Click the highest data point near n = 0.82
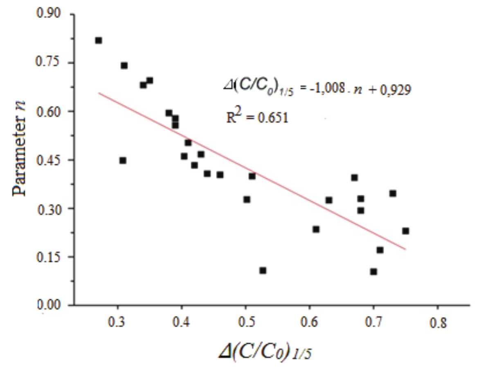tap(99, 40)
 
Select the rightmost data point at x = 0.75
tap(405, 231)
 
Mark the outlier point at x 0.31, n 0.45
tap(123, 160)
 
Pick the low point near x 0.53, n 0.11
tap(263, 270)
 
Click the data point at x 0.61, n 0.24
tap(316, 229)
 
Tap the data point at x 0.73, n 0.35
tap(393, 193)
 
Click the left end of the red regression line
tap(99, 93)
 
